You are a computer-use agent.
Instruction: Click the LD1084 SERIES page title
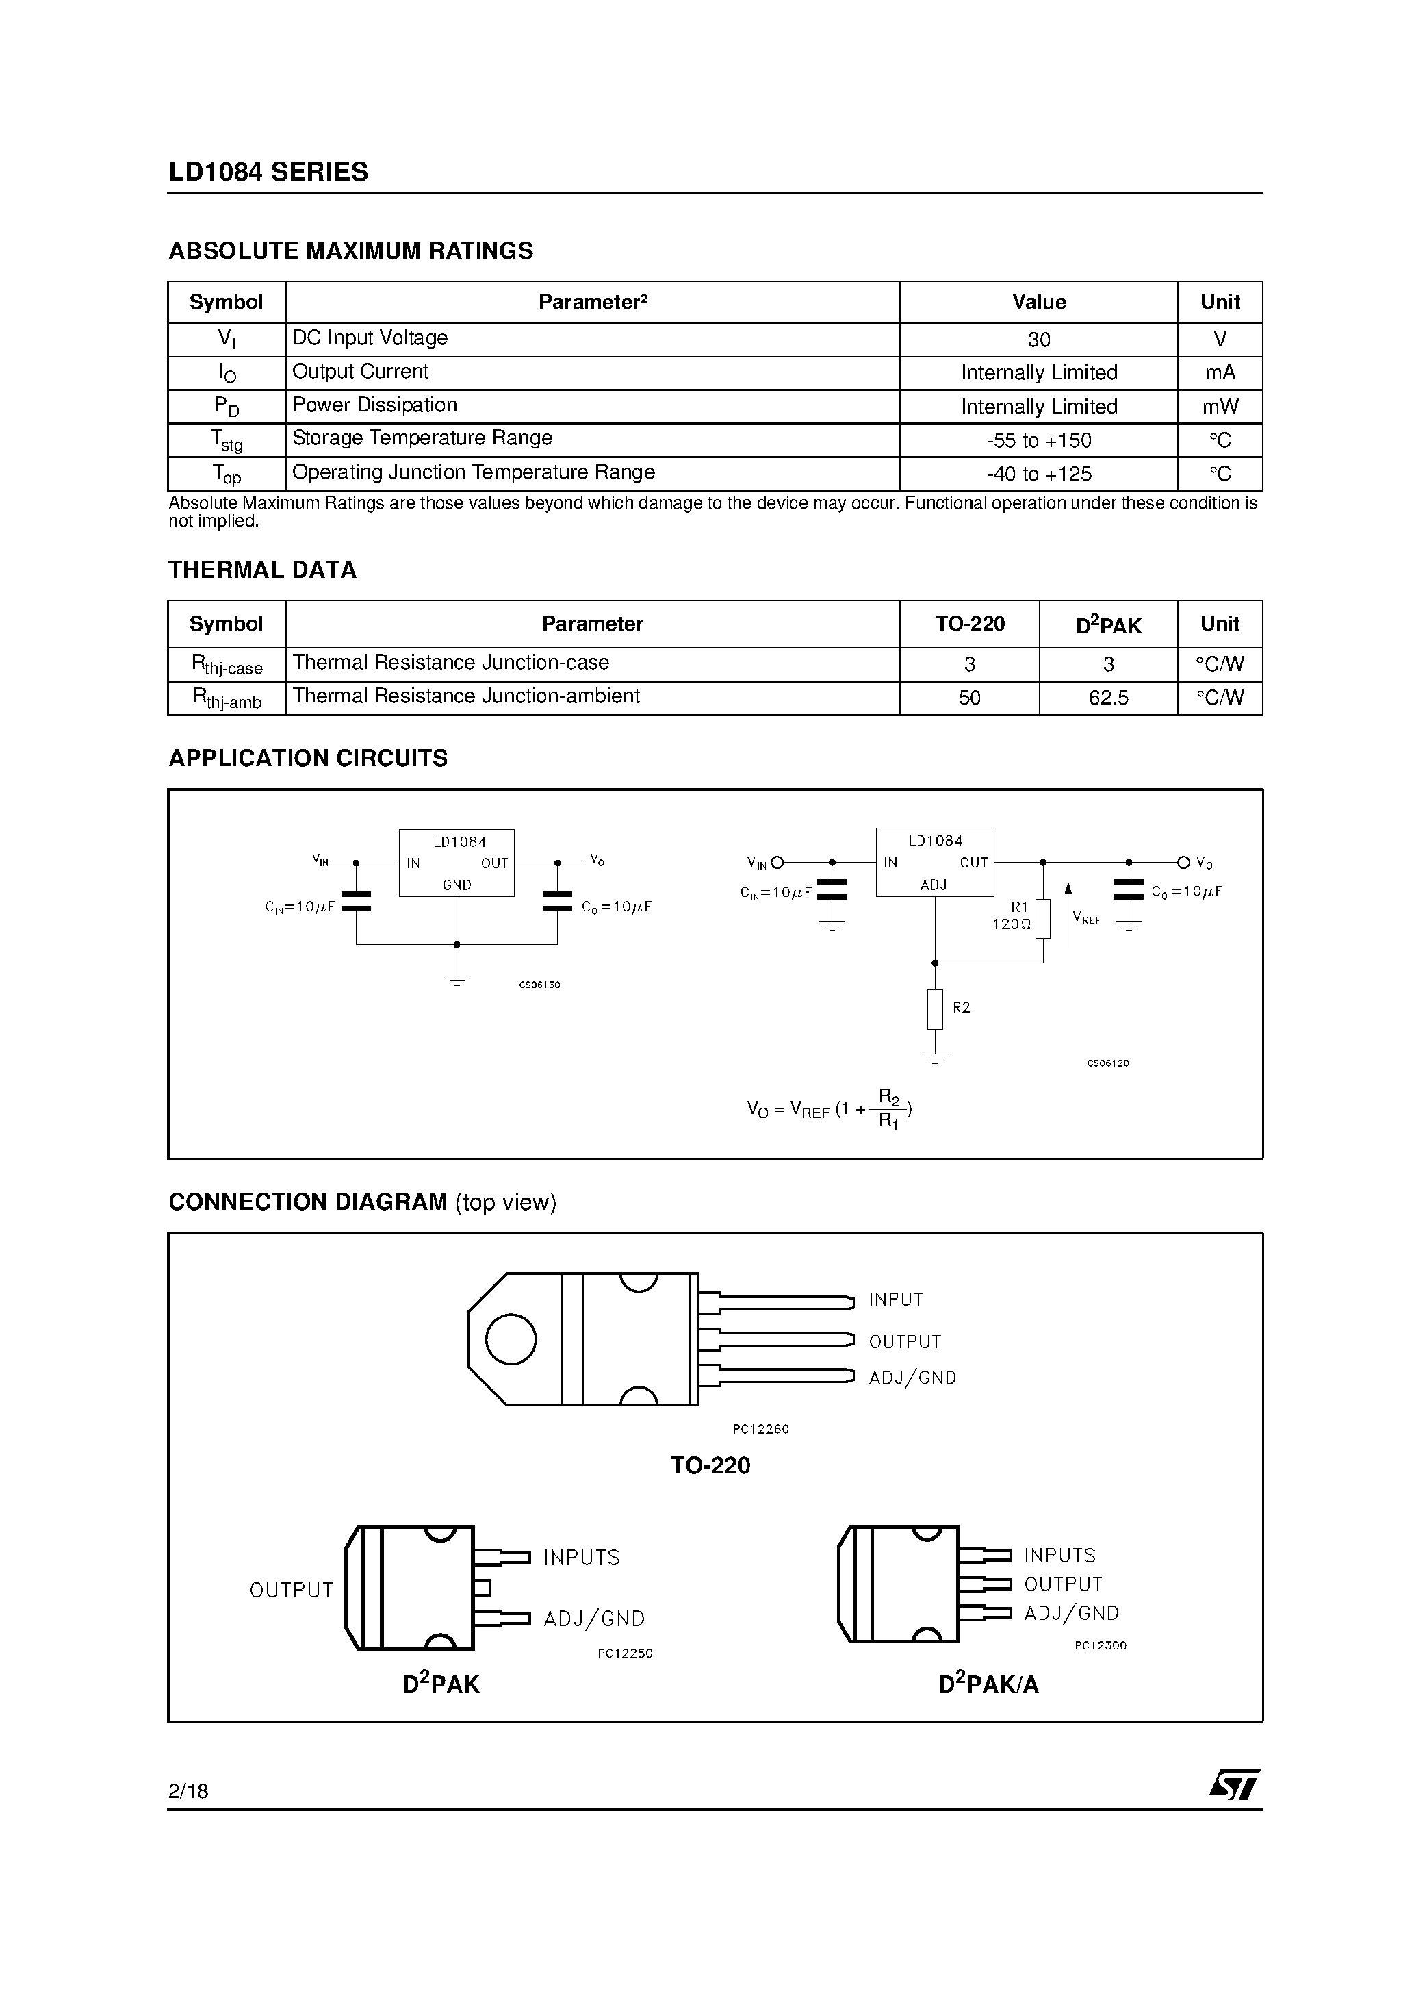[x=268, y=172]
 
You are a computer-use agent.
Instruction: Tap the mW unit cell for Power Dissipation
[x=1220, y=406]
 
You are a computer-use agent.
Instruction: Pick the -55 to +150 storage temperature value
[x=1038, y=440]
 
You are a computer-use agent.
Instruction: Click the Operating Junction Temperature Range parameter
[x=474, y=472]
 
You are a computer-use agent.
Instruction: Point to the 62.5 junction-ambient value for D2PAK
[x=1108, y=698]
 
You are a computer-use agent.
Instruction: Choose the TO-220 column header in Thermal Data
[x=969, y=624]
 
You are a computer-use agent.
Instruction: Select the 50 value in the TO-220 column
[x=969, y=698]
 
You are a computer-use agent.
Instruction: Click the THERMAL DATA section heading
[x=262, y=570]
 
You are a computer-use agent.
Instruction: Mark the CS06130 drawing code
[x=539, y=985]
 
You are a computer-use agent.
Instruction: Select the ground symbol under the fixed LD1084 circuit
[x=457, y=978]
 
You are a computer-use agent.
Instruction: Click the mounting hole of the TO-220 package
[x=511, y=1339]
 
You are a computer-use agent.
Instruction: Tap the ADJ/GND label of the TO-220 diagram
[x=912, y=1378]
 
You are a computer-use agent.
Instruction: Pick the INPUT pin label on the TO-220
[x=895, y=1300]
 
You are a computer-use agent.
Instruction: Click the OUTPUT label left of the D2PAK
[x=291, y=1591]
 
